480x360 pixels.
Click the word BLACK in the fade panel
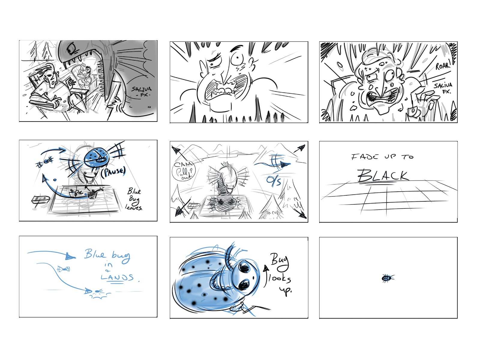coord(383,175)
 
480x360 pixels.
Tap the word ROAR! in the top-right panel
coord(443,66)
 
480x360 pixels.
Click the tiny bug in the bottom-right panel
coord(388,278)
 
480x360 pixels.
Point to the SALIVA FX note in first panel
coord(142,91)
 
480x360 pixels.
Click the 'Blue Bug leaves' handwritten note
coord(134,199)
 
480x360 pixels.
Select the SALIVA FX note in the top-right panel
coord(443,88)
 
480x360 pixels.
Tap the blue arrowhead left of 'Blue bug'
coord(70,256)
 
